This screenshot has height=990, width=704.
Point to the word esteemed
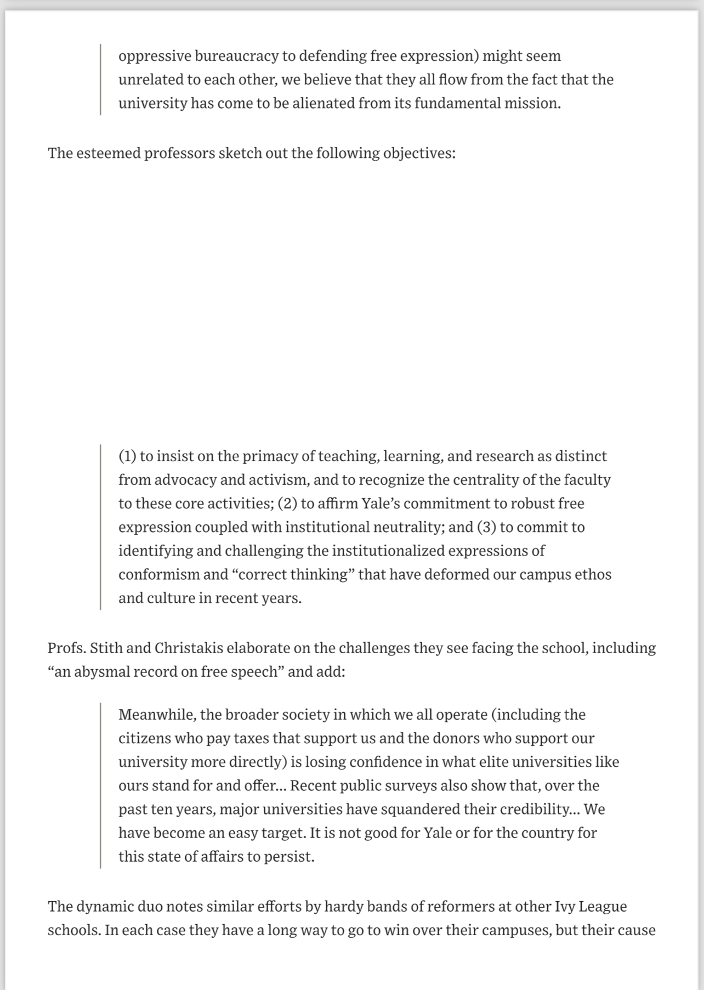(108, 152)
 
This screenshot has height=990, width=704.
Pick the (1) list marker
(127, 456)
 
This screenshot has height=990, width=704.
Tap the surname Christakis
(189, 648)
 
